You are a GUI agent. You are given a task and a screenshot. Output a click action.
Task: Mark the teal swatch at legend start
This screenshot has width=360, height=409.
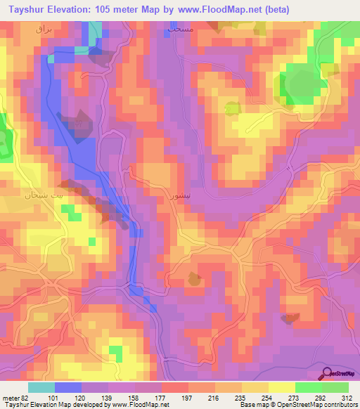tap(41, 387)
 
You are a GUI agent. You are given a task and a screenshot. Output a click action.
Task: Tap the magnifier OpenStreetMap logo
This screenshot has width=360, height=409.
tap(328, 373)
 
